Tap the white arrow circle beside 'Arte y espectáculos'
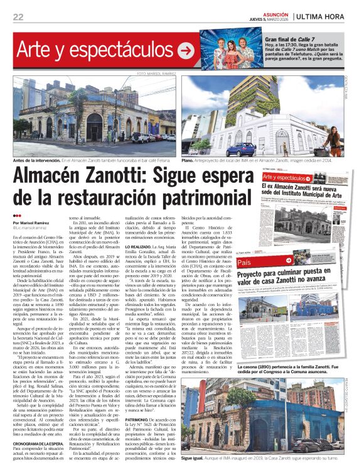pyautogui.click(x=186, y=51)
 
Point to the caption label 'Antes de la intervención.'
pyautogui.click(x=38, y=161)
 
